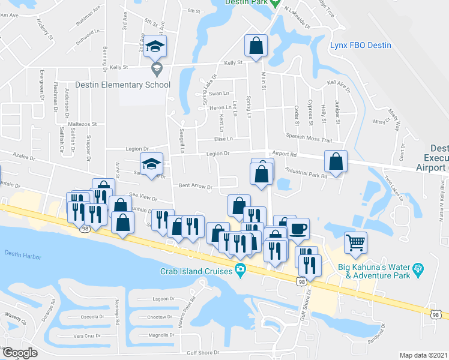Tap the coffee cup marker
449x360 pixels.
pyautogui.click(x=298, y=229)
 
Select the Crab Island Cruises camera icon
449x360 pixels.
pyautogui.click(x=240, y=272)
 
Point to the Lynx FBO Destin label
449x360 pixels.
pyautogui.click(x=361, y=46)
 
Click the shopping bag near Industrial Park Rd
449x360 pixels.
pyautogui.click(x=336, y=161)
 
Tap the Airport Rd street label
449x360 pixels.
pyautogui.click(x=285, y=154)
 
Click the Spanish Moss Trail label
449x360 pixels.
pyautogui.click(x=309, y=140)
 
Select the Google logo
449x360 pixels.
pyautogui.click(x=20, y=353)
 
